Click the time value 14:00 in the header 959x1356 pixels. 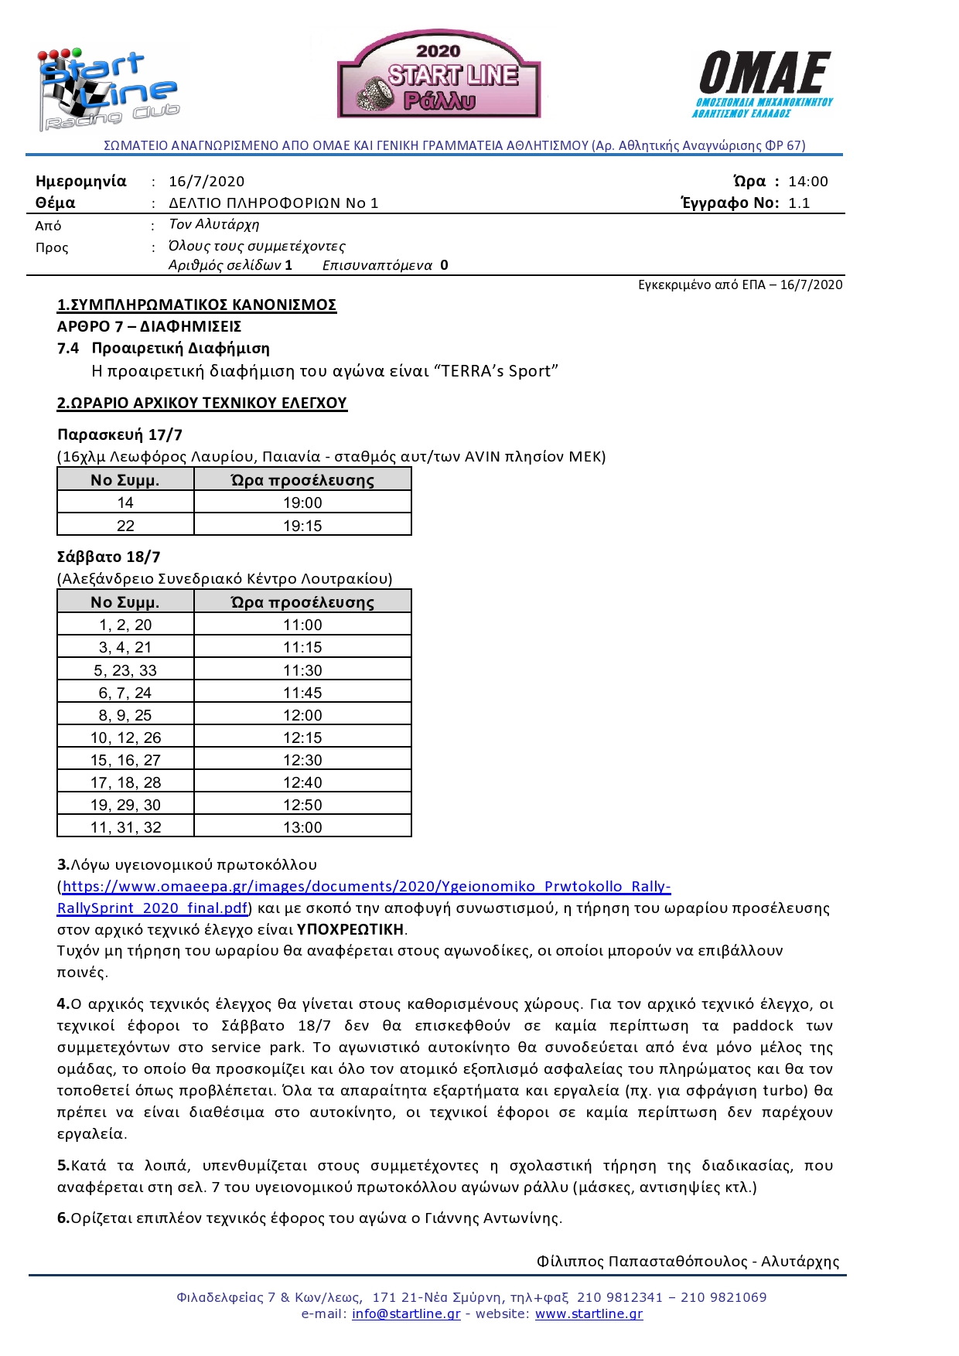click(807, 182)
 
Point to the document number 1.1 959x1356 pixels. click(799, 203)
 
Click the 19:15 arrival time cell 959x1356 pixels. click(302, 526)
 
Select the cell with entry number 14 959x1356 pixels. click(125, 503)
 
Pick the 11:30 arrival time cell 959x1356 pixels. click(302, 670)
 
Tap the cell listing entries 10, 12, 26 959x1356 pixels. click(125, 738)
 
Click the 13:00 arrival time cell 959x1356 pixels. click(302, 827)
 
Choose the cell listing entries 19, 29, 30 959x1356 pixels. click(125, 805)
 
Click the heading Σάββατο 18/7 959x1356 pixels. click(109, 557)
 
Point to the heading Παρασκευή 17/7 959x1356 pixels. click(120, 434)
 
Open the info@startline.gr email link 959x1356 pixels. click(406, 1313)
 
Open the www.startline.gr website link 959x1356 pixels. click(589, 1313)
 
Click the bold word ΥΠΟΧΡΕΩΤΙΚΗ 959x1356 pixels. click(350, 929)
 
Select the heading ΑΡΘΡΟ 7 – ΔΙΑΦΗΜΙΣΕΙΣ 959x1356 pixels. click(149, 326)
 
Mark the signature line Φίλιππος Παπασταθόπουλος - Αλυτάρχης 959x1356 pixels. click(688, 1261)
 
